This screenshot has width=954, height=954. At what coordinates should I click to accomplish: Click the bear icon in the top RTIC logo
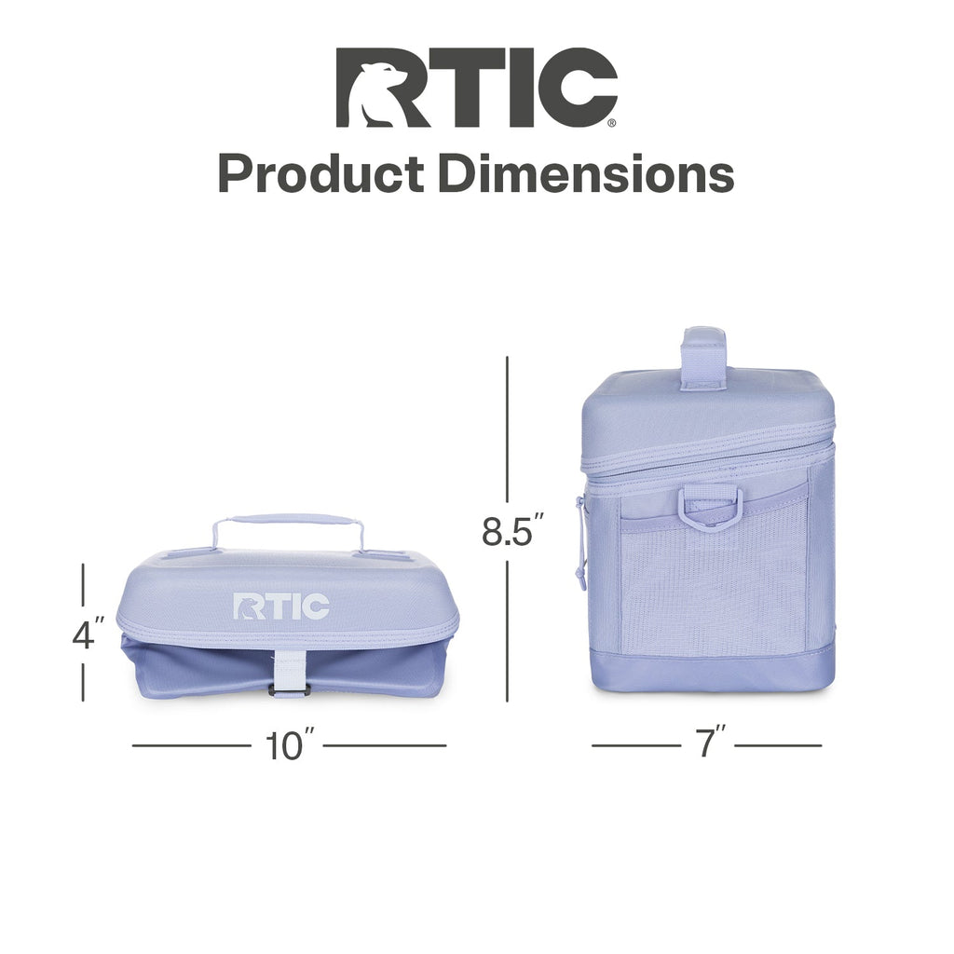[x=380, y=94]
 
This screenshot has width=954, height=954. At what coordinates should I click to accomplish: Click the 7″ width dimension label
[x=708, y=741]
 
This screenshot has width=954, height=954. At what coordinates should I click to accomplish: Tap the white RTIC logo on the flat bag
[x=281, y=606]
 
